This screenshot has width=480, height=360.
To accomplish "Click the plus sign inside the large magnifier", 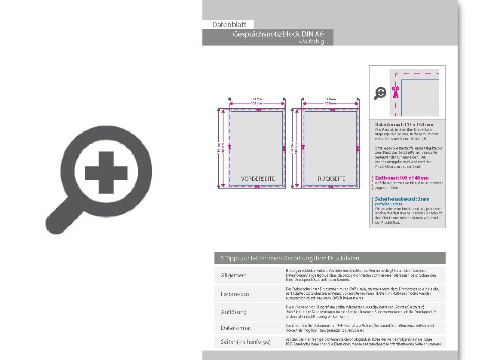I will [x=107, y=173].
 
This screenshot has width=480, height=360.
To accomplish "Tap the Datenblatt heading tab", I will [x=229, y=25].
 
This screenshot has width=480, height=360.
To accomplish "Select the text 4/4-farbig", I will [x=312, y=42].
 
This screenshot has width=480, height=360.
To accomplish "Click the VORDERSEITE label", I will [x=258, y=179].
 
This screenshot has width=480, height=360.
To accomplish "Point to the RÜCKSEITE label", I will [x=331, y=179].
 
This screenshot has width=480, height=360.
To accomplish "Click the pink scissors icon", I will [x=395, y=92].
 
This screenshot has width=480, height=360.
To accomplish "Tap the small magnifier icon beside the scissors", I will [x=380, y=93].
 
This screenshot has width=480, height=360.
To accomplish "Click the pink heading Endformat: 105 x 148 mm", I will [x=402, y=178].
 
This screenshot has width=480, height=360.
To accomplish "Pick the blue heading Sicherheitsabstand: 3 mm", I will [x=402, y=199].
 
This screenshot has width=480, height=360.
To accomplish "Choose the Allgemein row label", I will [x=234, y=275].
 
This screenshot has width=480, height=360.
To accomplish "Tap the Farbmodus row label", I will [x=235, y=294].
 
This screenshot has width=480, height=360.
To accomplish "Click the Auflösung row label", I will [x=234, y=312].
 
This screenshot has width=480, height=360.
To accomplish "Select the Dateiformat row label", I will [x=236, y=328].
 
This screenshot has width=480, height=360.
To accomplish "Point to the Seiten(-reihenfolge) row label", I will [x=246, y=342].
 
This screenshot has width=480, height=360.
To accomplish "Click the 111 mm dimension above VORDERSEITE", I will [x=257, y=99].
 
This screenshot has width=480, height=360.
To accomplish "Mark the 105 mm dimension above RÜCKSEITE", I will [x=330, y=104].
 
